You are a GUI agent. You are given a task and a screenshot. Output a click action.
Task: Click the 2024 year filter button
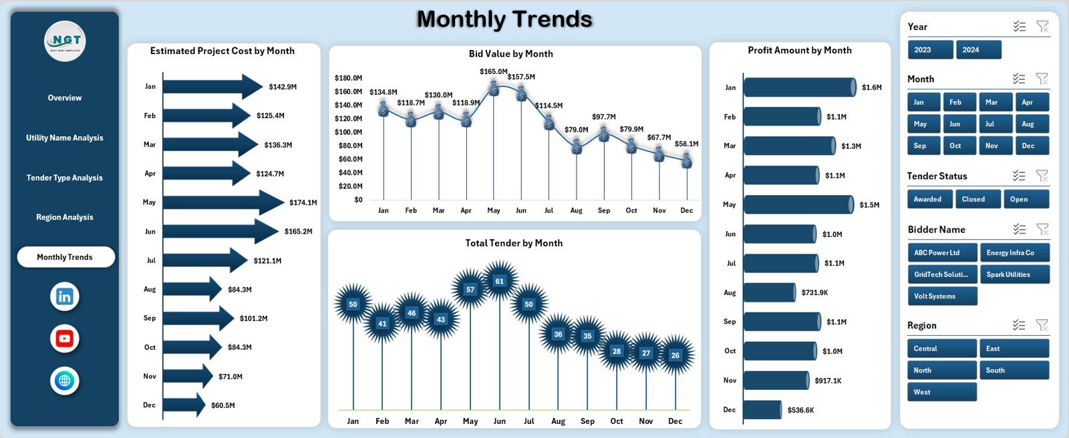pyautogui.click(x=978, y=50)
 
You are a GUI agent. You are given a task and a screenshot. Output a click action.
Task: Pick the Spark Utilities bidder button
pyautogui.click(x=1014, y=274)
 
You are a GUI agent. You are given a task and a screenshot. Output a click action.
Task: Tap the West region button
pyautogui.click(x=941, y=392)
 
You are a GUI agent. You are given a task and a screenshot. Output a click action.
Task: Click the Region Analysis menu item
pyautogui.click(x=65, y=217)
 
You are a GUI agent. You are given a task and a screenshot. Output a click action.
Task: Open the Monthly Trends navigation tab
pyautogui.click(x=65, y=257)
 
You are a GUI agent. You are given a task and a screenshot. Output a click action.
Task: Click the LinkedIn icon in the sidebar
pyautogui.click(x=65, y=296)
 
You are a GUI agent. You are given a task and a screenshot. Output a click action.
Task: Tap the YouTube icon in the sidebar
pyautogui.click(x=65, y=339)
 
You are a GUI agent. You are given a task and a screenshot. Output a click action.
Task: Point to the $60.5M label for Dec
pyautogui.click(x=223, y=405)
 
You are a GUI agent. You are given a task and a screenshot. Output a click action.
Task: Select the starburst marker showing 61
pyautogui.click(x=499, y=281)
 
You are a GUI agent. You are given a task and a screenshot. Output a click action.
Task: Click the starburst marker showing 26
pyautogui.click(x=675, y=355)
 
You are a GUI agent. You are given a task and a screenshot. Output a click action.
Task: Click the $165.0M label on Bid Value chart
pyautogui.click(x=493, y=71)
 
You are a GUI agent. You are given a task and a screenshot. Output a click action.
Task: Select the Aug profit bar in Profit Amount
pyautogui.click(x=770, y=292)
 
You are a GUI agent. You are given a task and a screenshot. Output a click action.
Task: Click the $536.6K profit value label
pyautogui.click(x=800, y=410)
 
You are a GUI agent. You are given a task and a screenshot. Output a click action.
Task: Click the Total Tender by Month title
pyautogui.click(x=514, y=243)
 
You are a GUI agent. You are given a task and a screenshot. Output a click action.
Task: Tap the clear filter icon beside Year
pyautogui.click(x=1042, y=27)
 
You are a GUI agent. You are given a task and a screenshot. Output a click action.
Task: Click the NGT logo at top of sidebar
pyautogui.click(x=65, y=41)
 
